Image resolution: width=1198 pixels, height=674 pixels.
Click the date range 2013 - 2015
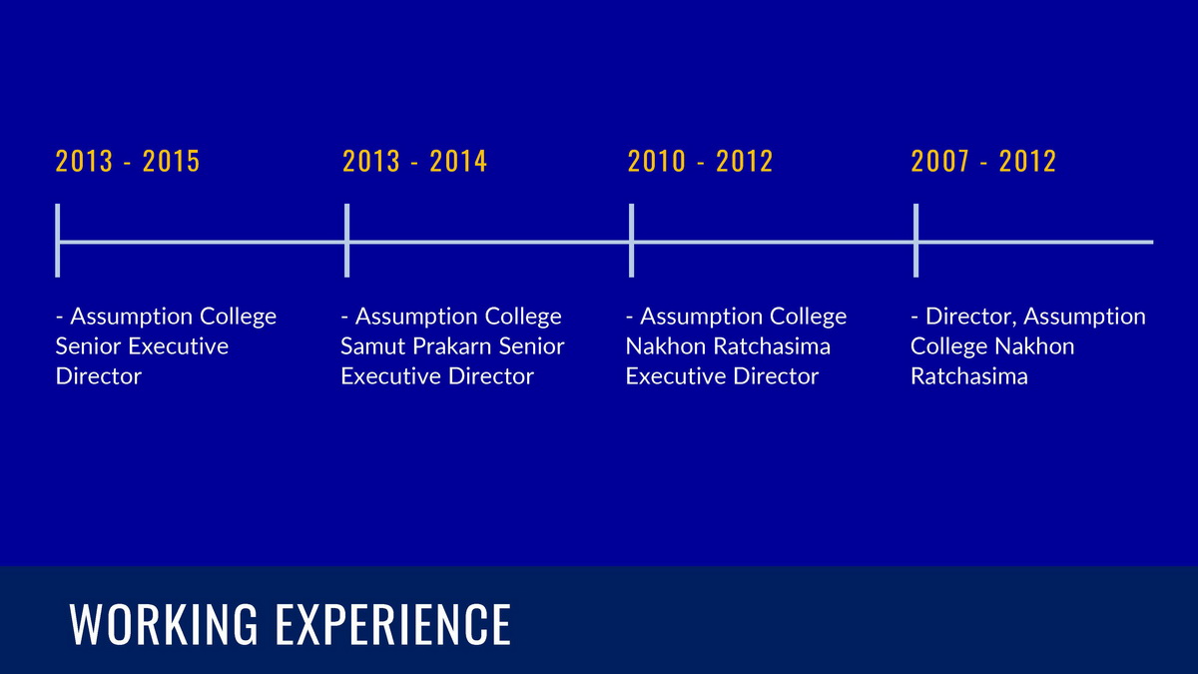(128, 161)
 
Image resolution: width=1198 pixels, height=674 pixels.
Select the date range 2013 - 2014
(414, 161)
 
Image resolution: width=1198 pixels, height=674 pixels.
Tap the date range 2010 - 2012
(700, 161)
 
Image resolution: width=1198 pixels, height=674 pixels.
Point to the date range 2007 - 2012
(983, 161)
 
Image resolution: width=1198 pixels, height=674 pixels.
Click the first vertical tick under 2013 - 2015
(58, 241)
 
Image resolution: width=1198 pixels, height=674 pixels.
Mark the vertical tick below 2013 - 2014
(347, 241)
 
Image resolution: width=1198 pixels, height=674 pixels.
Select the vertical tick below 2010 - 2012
(632, 241)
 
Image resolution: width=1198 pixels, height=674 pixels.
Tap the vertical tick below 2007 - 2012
(916, 241)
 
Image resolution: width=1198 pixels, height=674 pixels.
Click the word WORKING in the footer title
(164, 624)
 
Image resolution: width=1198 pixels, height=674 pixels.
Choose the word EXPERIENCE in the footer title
(393, 624)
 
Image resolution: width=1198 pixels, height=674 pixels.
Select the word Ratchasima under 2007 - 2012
(969, 376)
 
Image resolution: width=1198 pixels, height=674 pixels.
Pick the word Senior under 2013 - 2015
(87, 346)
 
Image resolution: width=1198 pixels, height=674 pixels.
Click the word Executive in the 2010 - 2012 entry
(675, 376)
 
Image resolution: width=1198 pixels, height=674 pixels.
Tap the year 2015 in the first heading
(171, 161)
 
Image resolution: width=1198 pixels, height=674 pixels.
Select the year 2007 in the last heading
(939, 161)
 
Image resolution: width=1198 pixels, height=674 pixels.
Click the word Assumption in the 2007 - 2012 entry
(1084, 318)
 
